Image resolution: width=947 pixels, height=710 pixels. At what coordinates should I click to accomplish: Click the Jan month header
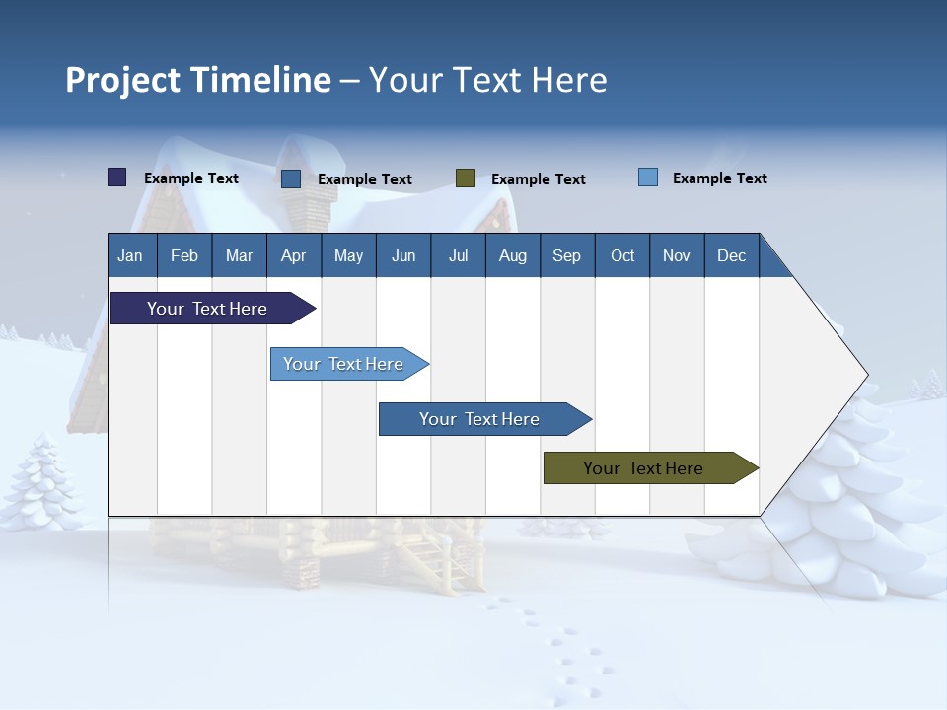coord(130,256)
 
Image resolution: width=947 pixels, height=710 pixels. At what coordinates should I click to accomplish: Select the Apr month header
coord(293,256)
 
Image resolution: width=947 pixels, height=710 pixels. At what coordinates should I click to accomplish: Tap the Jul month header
coord(458,256)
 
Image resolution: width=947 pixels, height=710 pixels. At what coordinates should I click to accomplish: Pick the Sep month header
coord(566,256)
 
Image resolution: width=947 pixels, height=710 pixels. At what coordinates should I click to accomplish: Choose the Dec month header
coord(731,256)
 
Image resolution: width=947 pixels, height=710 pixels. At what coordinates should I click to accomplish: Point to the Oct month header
coord(621,256)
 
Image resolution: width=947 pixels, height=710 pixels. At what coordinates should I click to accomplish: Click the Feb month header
coord(184,256)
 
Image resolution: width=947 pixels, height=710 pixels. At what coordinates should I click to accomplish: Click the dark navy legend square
coord(117,177)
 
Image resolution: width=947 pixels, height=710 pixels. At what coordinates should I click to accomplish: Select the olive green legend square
coord(466,178)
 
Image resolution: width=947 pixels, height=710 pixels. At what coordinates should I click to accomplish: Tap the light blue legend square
coord(648,177)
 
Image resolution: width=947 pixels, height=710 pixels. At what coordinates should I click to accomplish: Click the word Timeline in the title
coord(260,80)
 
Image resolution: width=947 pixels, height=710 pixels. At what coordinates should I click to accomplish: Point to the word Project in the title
coord(123,80)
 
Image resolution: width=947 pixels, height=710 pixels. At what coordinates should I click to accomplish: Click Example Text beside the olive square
coord(538,179)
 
